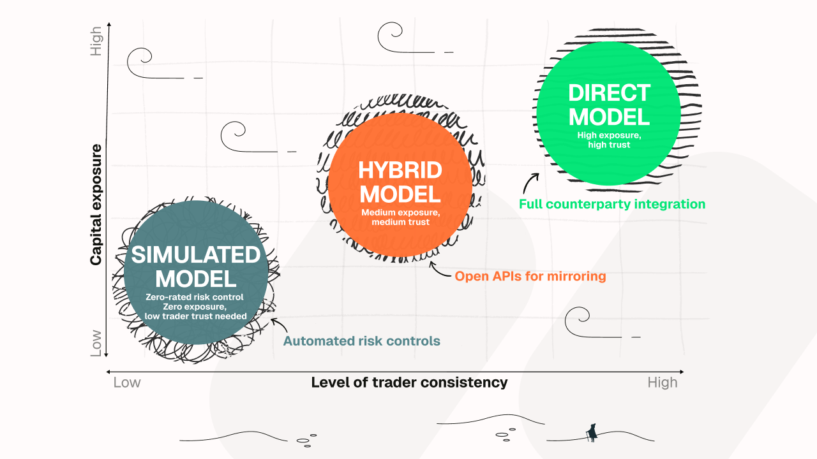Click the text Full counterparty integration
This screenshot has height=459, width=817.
tap(611, 205)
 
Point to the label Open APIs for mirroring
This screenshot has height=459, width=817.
tap(530, 277)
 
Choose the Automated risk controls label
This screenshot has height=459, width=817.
tap(361, 341)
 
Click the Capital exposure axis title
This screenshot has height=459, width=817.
tap(96, 204)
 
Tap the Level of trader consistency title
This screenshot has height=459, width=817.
tap(409, 382)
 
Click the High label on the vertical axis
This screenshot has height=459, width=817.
tap(96, 41)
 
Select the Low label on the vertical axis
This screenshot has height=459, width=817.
tap(96, 343)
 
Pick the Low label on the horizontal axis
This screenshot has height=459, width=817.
tap(127, 382)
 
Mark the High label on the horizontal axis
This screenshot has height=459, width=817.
tap(662, 382)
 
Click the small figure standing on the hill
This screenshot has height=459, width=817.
tap(592, 433)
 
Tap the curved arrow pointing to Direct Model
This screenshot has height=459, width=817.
tap(529, 184)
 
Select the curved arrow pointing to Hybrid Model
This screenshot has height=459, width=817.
tap(440, 271)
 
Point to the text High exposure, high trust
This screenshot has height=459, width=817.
tap(608, 140)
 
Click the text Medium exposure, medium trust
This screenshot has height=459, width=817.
tap(400, 217)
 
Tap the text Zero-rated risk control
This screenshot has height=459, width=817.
tap(195, 297)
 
